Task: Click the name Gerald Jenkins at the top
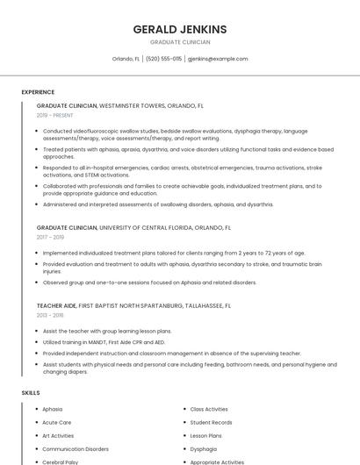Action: click(179, 29)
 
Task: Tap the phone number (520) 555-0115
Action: click(163, 59)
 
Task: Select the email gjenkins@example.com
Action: click(219, 59)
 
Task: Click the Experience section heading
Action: click(38, 92)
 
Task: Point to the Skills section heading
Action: click(31, 393)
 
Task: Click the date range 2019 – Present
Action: click(55, 115)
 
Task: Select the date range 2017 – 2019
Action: click(50, 237)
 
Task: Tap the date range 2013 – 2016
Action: click(50, 315)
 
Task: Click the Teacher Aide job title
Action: click(56, 305)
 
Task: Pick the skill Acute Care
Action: click(56, 422)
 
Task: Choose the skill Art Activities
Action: click(58, 435)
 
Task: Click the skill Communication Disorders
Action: click(75, 448)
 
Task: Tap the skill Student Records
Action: click(211, 422)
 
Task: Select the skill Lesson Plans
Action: click(205, 435)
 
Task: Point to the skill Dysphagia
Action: click(203, 448)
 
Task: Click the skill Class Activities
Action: click(209, 409)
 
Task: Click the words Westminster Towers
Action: click(131, 105)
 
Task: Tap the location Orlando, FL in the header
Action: click(126, 59)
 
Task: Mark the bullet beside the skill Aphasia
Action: click(34, 409)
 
